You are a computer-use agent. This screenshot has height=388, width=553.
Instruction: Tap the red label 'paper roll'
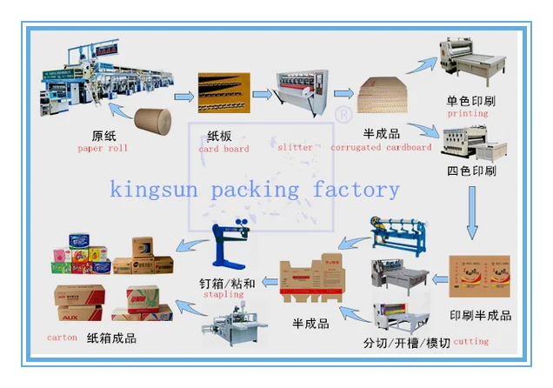[x=103, y=149]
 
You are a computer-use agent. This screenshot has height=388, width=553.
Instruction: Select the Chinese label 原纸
[x=104, y=136]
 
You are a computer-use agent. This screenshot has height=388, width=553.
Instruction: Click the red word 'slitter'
[x=296, y=148]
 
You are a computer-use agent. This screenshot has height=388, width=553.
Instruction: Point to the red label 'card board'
[x=224, y=150]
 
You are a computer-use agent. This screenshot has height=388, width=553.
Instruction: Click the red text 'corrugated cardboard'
[x=381, y=148]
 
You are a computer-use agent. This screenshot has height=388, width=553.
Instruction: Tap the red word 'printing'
[x=468, y=114]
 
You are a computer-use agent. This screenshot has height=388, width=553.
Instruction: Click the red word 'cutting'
[x=471, y=342]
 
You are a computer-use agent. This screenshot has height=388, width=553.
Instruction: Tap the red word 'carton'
[x=62, y=337]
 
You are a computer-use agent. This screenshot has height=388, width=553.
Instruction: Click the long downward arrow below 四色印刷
[x=471, y=212]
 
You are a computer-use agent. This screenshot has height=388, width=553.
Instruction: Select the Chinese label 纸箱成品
[x=111, y=338]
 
